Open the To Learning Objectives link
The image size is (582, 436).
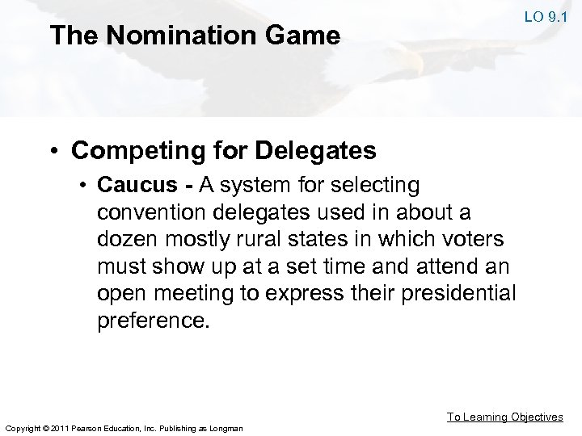(x=505, y=417)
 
